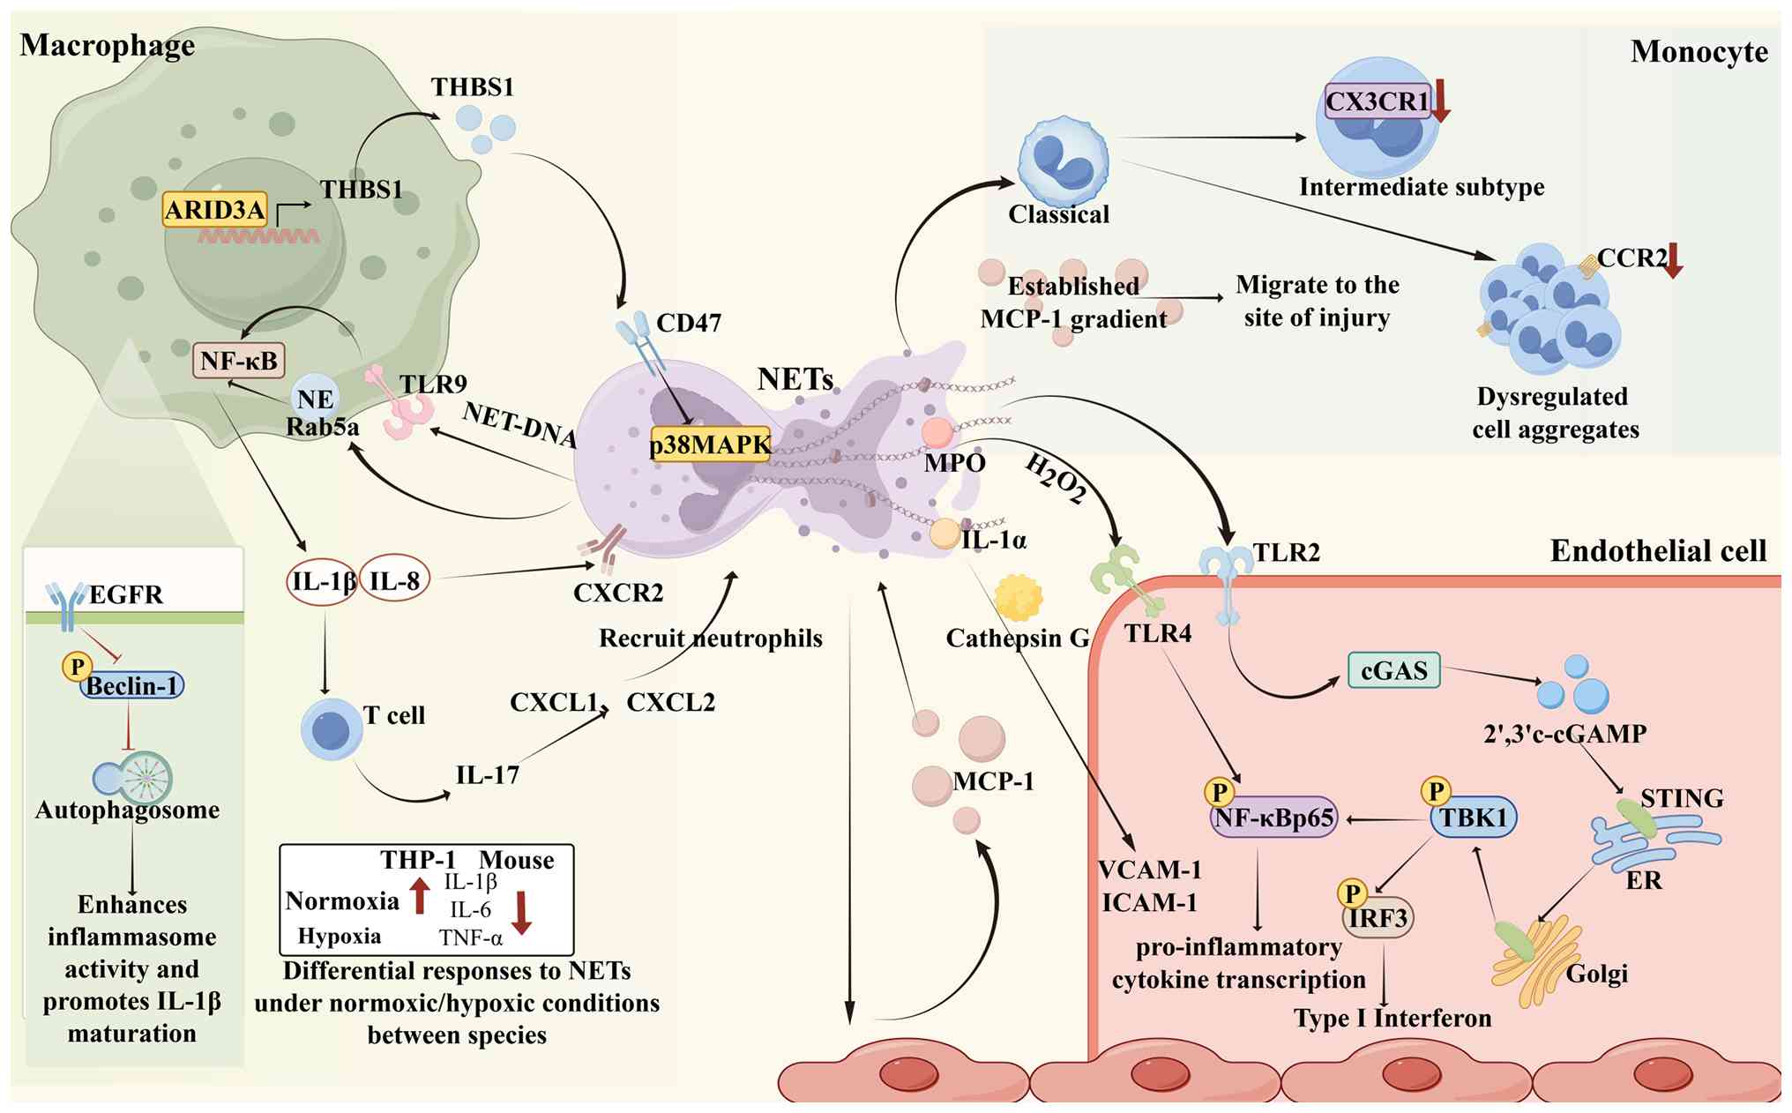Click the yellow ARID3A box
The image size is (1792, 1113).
tap(215, 209)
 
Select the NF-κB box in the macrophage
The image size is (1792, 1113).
tap(238, 360)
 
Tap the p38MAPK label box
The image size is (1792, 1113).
tap(710, 445)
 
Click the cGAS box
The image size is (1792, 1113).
tap(1393, 670)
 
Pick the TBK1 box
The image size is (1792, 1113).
tap(1474, 818)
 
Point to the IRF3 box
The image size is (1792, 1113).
tap(1378, 918)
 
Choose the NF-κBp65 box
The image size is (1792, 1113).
tap(1273, 818)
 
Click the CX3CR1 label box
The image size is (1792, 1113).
tap(1377, 101)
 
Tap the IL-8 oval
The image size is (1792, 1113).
tap(393, 581)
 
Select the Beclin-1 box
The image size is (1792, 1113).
tap(132, 685)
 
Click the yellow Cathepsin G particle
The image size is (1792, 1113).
tap(1018, 598)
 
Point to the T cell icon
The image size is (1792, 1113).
tap(332, 730)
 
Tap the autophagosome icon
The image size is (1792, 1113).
tap(133, 778)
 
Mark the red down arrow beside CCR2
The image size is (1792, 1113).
tap(1672, 260)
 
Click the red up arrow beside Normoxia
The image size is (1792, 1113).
tap(420, 895)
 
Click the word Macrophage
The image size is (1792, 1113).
tap(108, 45)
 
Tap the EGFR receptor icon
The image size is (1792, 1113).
tap(67, 606)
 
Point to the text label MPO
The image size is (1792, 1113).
tap(954, 462)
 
